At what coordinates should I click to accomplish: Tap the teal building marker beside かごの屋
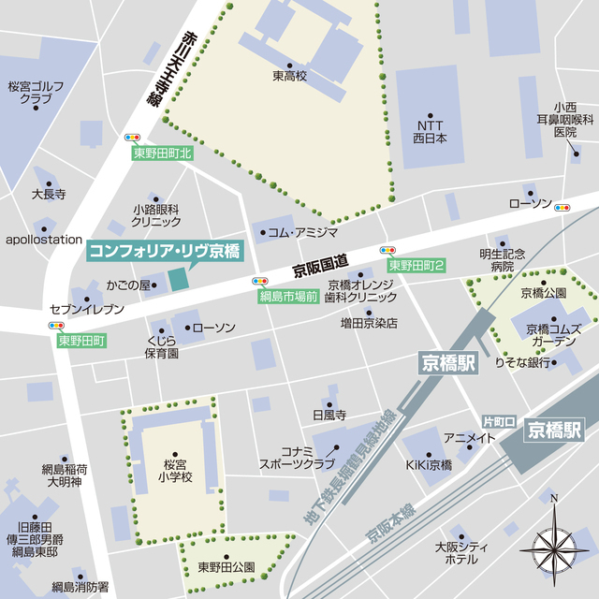(x=179, y=279)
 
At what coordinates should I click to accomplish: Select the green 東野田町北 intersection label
(x=161, y=153)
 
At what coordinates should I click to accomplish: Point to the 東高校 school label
(x=291, y=75)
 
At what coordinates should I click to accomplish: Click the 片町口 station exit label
(x=499, y=422)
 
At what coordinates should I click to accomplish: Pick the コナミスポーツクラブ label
(x=297, y=457)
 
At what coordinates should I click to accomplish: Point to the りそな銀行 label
(x=522, y=362)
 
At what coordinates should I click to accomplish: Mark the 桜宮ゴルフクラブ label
(x=37, y=92)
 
